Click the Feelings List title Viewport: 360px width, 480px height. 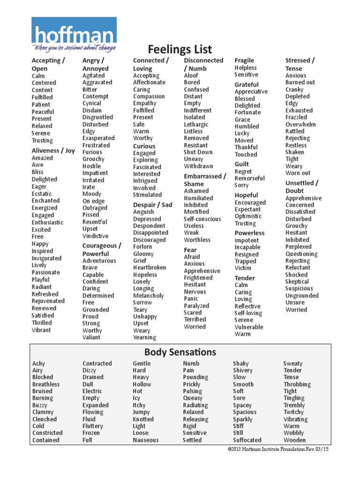click(x=180, y=49)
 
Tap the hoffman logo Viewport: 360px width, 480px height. click(x=74, y=35)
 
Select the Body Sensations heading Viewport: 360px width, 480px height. click(x=180, y=352)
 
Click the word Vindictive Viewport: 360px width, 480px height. click(x=95, y=236)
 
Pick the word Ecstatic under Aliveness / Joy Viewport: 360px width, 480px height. click(x=42, y=194)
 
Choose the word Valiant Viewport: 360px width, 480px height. click(x=91, y=337)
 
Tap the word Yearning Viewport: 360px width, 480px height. click(x=144, y=337)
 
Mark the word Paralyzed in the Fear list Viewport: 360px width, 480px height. click(x=196, y=306)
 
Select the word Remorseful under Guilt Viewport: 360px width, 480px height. click(x=250, y=178)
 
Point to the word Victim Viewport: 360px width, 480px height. click(x=243, y=268)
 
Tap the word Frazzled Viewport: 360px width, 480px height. click(x=296, y=117)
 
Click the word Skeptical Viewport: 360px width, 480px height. click(x=297, y=282)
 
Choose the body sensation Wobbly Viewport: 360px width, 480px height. click(x=293, y=433)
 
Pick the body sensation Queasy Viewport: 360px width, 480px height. click(x=193, y=398)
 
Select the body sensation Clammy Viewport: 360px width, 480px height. click(x=43, y=412)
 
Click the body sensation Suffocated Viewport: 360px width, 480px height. click(x=247, y=440)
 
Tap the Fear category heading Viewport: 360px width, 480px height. click(x=190, y=250)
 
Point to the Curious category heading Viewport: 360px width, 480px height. click(x=144, y=146)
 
